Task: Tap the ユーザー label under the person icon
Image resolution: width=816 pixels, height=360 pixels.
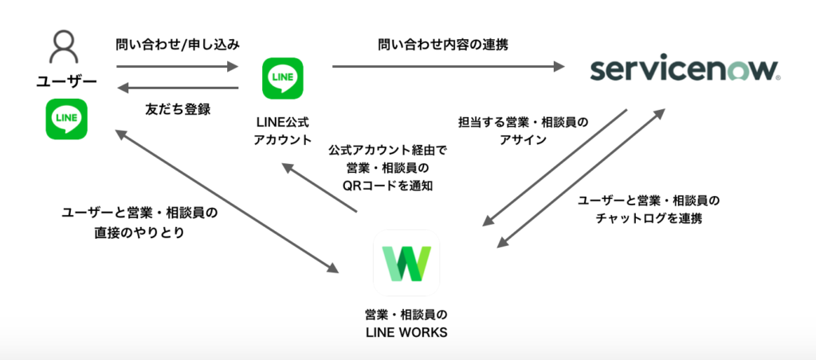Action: tap(67, 81)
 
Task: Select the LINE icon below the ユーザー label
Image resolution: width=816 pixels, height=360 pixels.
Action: tap(67, 119)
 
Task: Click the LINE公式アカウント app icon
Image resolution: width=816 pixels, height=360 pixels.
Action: tap(283, 77)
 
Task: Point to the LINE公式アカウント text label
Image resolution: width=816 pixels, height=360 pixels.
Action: tap(283, 131)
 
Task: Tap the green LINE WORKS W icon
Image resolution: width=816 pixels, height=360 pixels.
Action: tap(406, 264)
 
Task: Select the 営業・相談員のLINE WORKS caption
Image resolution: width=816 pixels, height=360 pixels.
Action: tap(406, 322)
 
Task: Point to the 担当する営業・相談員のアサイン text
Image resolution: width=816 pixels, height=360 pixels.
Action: tap(524, 131)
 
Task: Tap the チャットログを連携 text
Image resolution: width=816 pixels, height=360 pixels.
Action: tap(648, 217)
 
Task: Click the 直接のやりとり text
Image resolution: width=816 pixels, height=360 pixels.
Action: tap(138, 236)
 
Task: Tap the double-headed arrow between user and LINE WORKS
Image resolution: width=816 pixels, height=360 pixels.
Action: tap(227, 200)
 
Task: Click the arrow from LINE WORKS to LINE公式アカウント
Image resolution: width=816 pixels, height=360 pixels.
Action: tap(320, 190)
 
